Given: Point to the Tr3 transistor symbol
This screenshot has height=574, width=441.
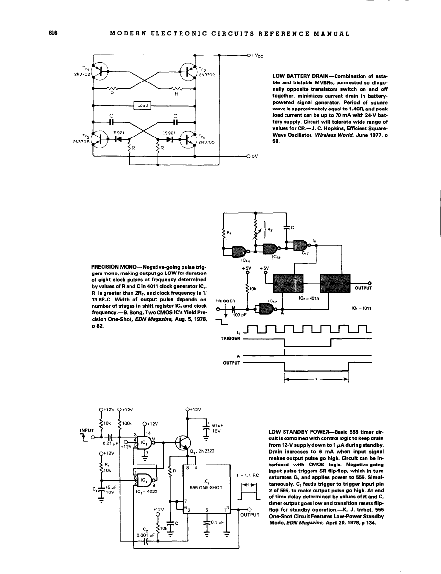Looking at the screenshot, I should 102,139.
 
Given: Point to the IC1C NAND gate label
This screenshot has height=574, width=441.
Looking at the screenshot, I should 304,253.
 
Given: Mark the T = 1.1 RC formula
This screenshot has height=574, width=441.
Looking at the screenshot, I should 247,475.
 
